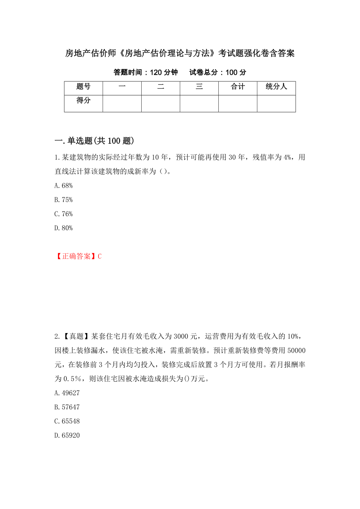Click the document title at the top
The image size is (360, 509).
[x=180, y=53]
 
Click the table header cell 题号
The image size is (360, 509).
[x=83, y=87]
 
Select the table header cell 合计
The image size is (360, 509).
[x=238, y=87]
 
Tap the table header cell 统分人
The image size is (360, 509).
[x=276, y=87]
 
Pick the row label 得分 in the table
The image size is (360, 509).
[x=83, y=100]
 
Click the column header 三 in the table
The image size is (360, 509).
[x=199, y=87]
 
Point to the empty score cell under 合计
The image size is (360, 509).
[x=238, y=104]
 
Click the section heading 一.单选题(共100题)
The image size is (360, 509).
[x=95, y=141]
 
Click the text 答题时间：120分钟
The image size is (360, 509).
[x=146, y=72]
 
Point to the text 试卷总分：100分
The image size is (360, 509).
[x=218, y=72]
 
